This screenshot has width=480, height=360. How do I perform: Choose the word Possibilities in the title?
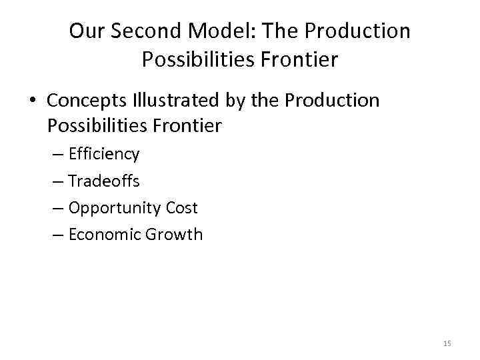pos(196,61)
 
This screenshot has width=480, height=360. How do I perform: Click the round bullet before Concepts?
pos(32,101)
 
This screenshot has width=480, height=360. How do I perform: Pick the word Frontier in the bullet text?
pos(188,125)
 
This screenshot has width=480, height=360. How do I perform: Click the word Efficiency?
pos(104,155)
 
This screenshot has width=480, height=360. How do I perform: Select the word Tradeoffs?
pos(104,181)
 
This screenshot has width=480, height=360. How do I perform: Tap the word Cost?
pos(182,208)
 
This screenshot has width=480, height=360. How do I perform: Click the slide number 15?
pos(447,343)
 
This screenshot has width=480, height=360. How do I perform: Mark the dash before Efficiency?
pos(58,155)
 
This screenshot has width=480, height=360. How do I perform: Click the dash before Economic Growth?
pos(58,235)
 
